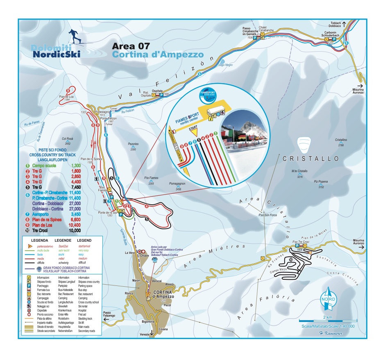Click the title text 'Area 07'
point(131,46)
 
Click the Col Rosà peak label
point(67,138)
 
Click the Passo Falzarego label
point(110,314)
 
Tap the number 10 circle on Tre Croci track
point(290,260)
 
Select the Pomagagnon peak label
point(178,184)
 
